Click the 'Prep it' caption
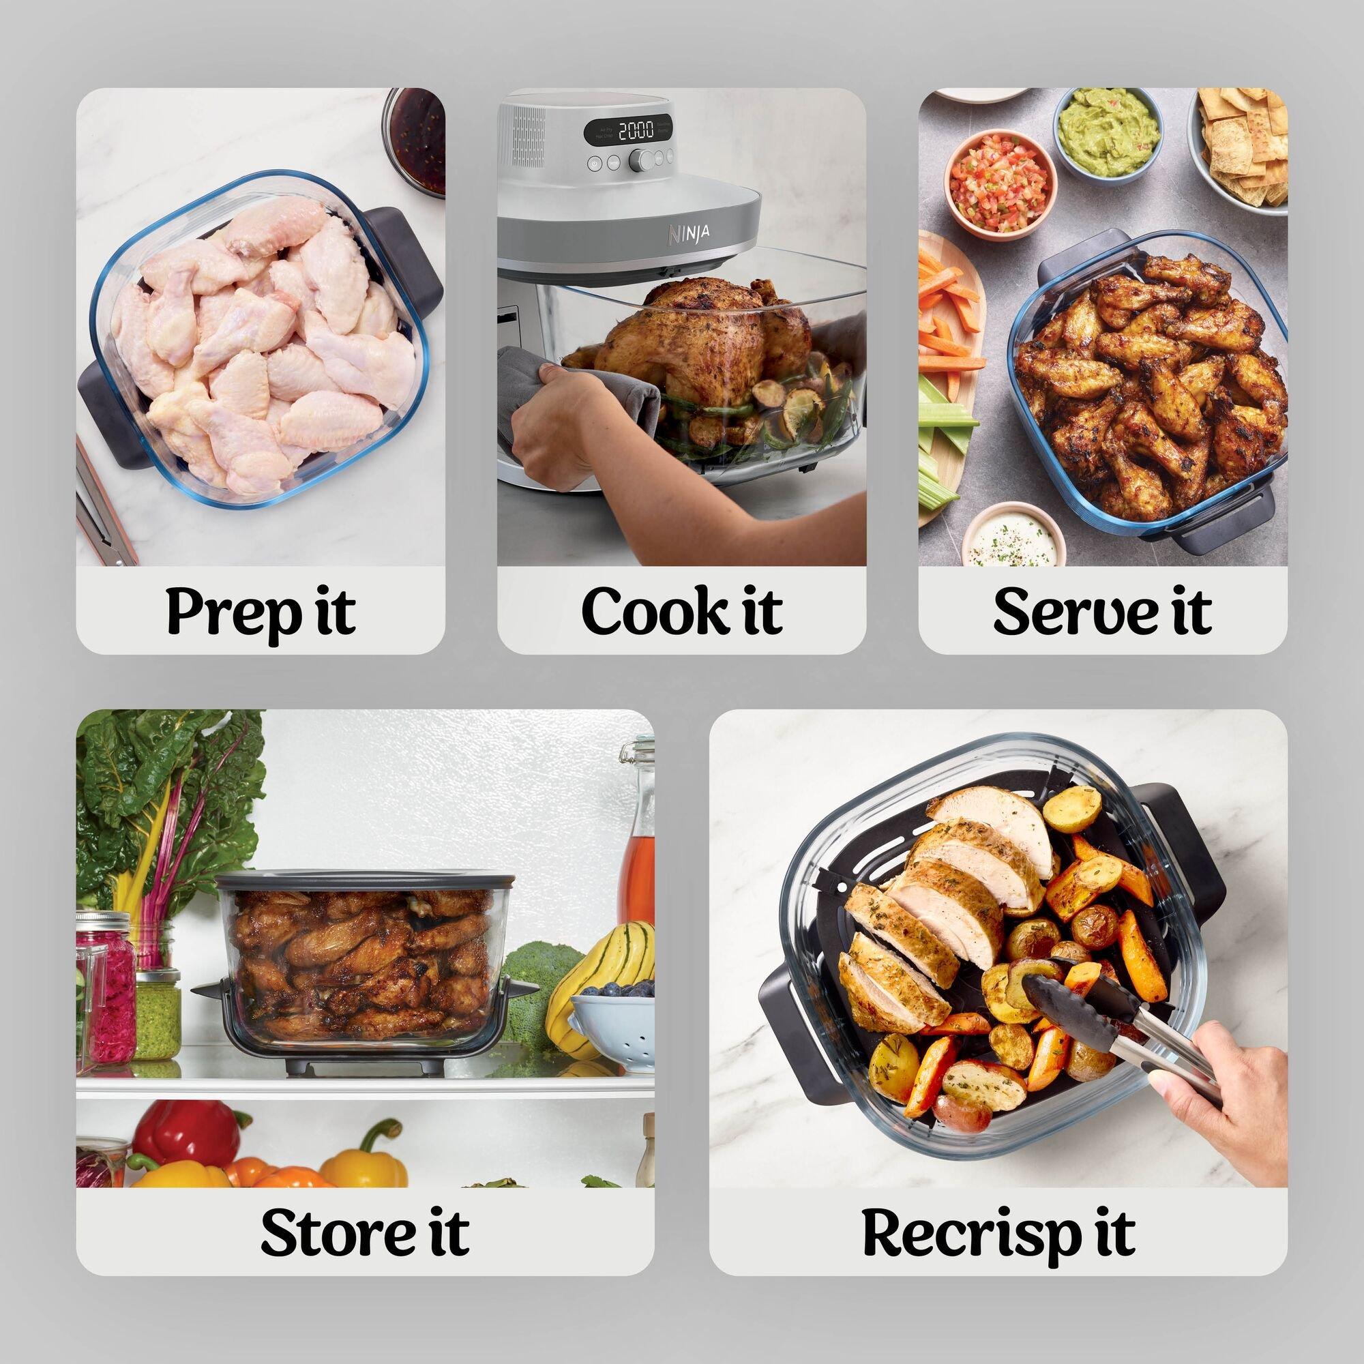[260, 611]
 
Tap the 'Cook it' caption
[681, 611]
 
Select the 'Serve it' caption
[1102, 611]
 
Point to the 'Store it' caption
[364, 1232]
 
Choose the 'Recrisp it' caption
[998, 1232]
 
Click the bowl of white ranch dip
[1013, 536]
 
